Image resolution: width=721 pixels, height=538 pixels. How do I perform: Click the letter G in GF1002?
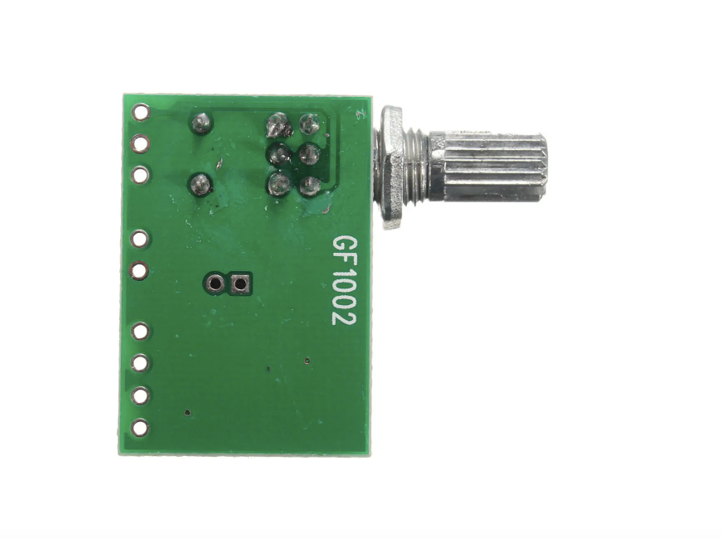345,245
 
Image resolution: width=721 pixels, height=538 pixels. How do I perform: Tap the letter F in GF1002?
345,263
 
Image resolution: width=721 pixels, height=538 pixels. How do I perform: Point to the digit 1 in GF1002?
345,277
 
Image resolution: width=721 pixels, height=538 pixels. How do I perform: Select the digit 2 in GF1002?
345,317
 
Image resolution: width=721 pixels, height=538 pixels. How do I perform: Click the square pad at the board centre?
240,284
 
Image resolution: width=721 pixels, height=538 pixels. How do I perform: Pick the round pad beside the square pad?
215,284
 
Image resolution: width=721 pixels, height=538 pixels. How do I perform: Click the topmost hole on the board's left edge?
141,112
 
